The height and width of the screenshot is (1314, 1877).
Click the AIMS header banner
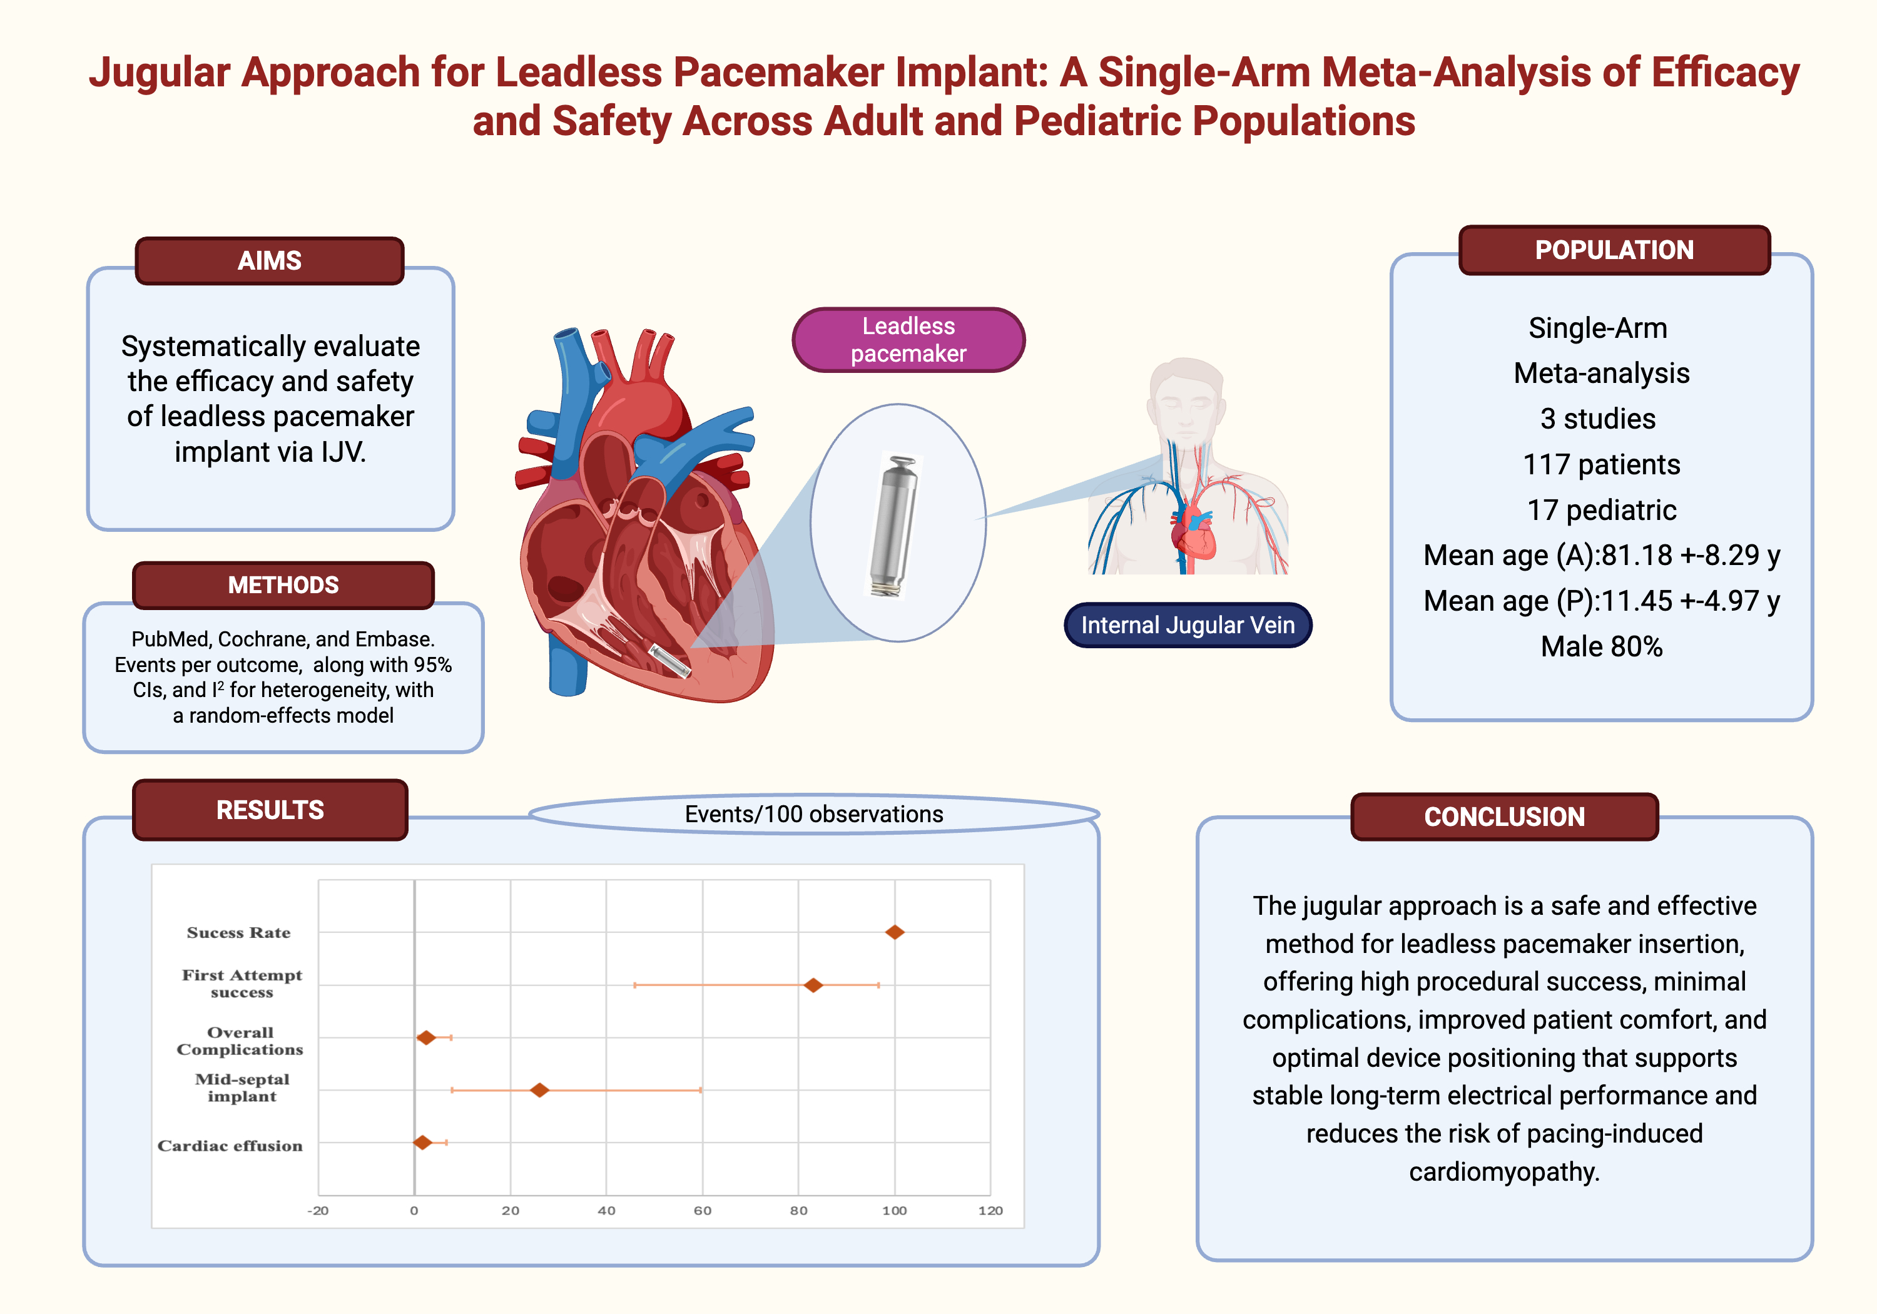coord(269,261)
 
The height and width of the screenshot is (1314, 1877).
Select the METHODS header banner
coord(283,586)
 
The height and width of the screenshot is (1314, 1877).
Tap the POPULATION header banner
coord(1614,250)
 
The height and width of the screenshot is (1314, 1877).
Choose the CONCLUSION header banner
coord(1504,817)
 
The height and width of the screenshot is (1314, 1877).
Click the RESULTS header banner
coord(270,810)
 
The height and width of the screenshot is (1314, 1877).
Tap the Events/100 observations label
coord(813,815)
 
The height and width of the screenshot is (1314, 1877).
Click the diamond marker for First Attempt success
coord(813,985)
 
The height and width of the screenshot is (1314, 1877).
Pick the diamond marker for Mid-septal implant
coord(539,1090)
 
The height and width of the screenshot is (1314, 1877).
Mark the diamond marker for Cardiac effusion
coord(422,1143)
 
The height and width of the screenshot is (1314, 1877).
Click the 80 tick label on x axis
coord(799,1211)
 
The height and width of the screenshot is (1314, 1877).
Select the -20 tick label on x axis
coord(318,1211)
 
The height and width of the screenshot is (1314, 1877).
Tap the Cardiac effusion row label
coord(230,1146)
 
